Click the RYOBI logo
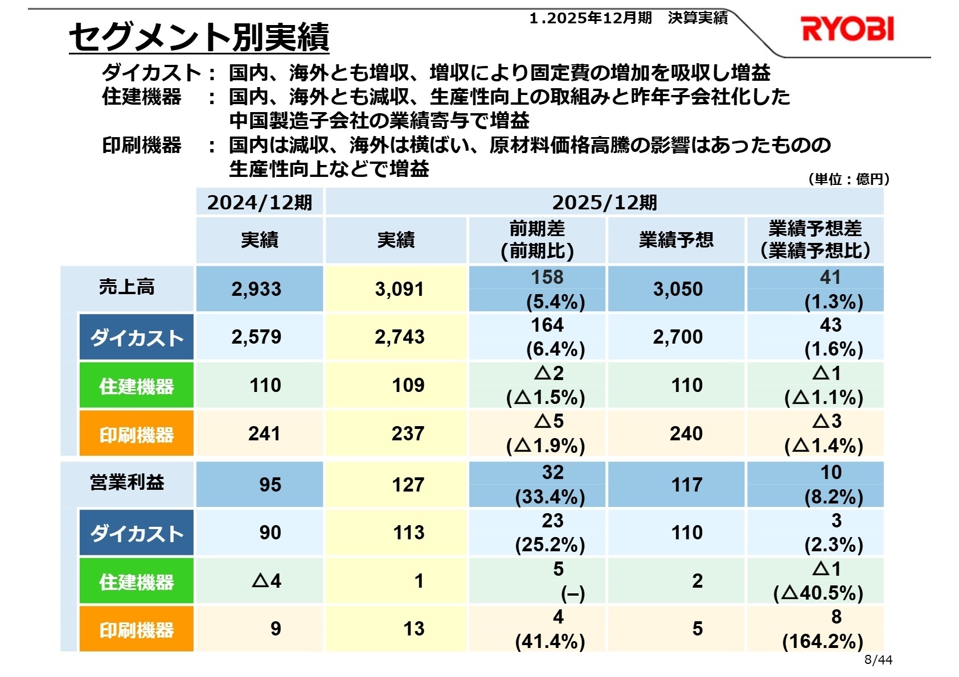[x=847, y=30]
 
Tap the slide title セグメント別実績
[x=199, y=38]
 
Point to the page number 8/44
[x=878, y=660]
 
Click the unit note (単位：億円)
[x=849, y=179]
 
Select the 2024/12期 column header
[x=260, y=203]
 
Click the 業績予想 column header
[x=676, y=240]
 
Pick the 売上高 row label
[x=126, y=287]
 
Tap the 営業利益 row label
[x=126, y=483]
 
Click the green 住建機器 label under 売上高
[x=136, y=386]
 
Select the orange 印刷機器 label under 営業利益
[x=136, y=630]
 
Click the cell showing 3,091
[x=399, y=289]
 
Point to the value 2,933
[x=256, y=289]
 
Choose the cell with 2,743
[x=399, y=337]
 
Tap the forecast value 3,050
[x=678, y=289]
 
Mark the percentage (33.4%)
[x=550, y=497]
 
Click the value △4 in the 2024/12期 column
[x=267, y=581]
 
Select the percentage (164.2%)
[x=822, y=642]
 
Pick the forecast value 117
[x=687, y=485]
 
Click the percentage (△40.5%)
[x=818, y=593]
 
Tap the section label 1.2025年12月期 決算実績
[x=628, y=18]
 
